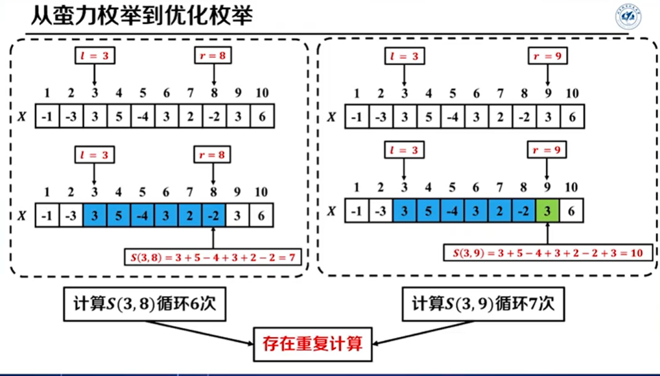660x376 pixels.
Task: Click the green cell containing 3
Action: (x=548, y=211)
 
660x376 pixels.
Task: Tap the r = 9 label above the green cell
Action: (x=547, y=151)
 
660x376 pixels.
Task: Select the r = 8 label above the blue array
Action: (x=213, y=155)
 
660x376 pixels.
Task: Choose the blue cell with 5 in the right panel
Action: (x=428, y=211)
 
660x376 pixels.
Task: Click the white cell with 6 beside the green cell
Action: (x=572, y=211)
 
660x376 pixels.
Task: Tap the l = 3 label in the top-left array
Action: (x=95, y=56)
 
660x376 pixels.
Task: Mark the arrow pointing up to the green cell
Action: (x=548, y=233)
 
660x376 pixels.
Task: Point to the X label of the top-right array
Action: (x=331, y=118)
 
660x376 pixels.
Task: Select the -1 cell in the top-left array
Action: (x=47, y=118)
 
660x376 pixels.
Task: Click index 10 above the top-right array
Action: (x=572, y=94)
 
